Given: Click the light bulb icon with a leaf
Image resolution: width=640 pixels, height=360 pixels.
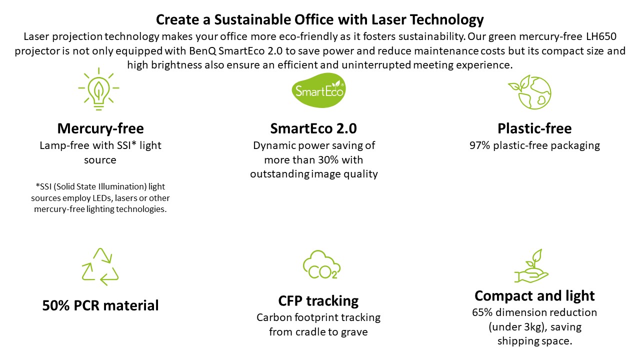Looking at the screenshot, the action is [99, 89].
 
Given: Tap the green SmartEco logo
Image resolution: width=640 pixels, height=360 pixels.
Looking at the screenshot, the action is [318, 90].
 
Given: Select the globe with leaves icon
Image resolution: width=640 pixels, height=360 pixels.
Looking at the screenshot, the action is [529, 92].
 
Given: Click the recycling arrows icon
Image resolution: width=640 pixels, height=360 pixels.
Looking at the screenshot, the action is [100, 266].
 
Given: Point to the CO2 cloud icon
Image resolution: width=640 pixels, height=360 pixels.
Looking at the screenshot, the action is [321, 265].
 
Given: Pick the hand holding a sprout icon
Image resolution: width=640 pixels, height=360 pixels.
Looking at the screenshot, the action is [531, 266].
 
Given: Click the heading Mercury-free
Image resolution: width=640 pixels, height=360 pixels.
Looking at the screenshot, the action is [100, 128].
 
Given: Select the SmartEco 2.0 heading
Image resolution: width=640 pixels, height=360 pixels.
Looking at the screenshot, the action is [313, 128].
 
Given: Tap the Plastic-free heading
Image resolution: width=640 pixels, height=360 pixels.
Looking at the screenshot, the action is [534, 128].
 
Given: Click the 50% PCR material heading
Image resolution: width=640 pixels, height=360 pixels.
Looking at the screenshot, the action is [100, 305].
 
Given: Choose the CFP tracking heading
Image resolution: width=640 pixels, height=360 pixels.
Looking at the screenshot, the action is [318, 301].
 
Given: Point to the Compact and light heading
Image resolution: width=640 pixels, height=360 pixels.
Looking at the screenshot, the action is [534, 295].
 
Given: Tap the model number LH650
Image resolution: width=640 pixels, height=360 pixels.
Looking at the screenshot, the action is [601, 36].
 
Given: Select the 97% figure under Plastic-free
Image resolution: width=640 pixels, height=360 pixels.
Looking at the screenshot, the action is [479, 145].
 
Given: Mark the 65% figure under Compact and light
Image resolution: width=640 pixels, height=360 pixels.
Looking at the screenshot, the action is [482, 312].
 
